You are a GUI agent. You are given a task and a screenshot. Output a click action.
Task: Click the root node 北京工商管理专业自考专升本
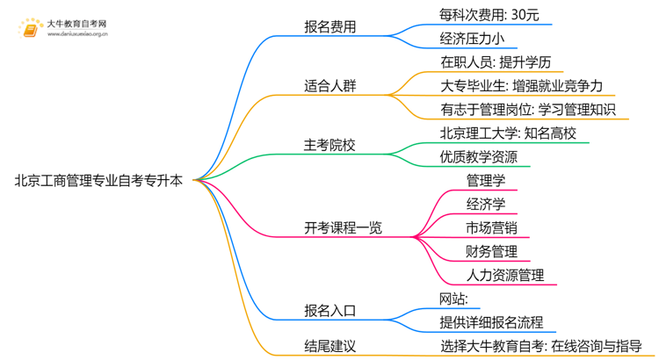pos(99,181)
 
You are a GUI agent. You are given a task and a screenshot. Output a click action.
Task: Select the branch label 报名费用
pos(329,26)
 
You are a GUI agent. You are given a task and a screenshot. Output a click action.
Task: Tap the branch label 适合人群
pos(329,86)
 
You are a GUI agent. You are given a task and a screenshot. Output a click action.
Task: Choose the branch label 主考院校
pos(329,145)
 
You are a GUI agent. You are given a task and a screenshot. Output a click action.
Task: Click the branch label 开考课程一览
pos(344,228)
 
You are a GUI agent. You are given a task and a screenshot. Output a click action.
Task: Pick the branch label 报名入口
pos(329,311)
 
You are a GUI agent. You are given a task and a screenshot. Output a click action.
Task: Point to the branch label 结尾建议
pos(329,346)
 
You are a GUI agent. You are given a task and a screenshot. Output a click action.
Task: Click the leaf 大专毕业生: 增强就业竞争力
pos(522,86)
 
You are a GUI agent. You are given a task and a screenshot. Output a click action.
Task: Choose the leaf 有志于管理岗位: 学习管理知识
pos(528,110)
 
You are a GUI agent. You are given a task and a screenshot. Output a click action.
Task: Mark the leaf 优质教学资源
pos(479,157)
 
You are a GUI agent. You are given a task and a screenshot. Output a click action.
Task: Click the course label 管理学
pos(486,181)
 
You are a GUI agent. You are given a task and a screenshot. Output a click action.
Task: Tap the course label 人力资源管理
pos(505,276)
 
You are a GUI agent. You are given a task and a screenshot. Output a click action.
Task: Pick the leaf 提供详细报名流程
pos(491,322)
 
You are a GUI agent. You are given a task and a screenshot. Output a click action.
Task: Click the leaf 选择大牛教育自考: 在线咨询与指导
pos(541,346)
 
